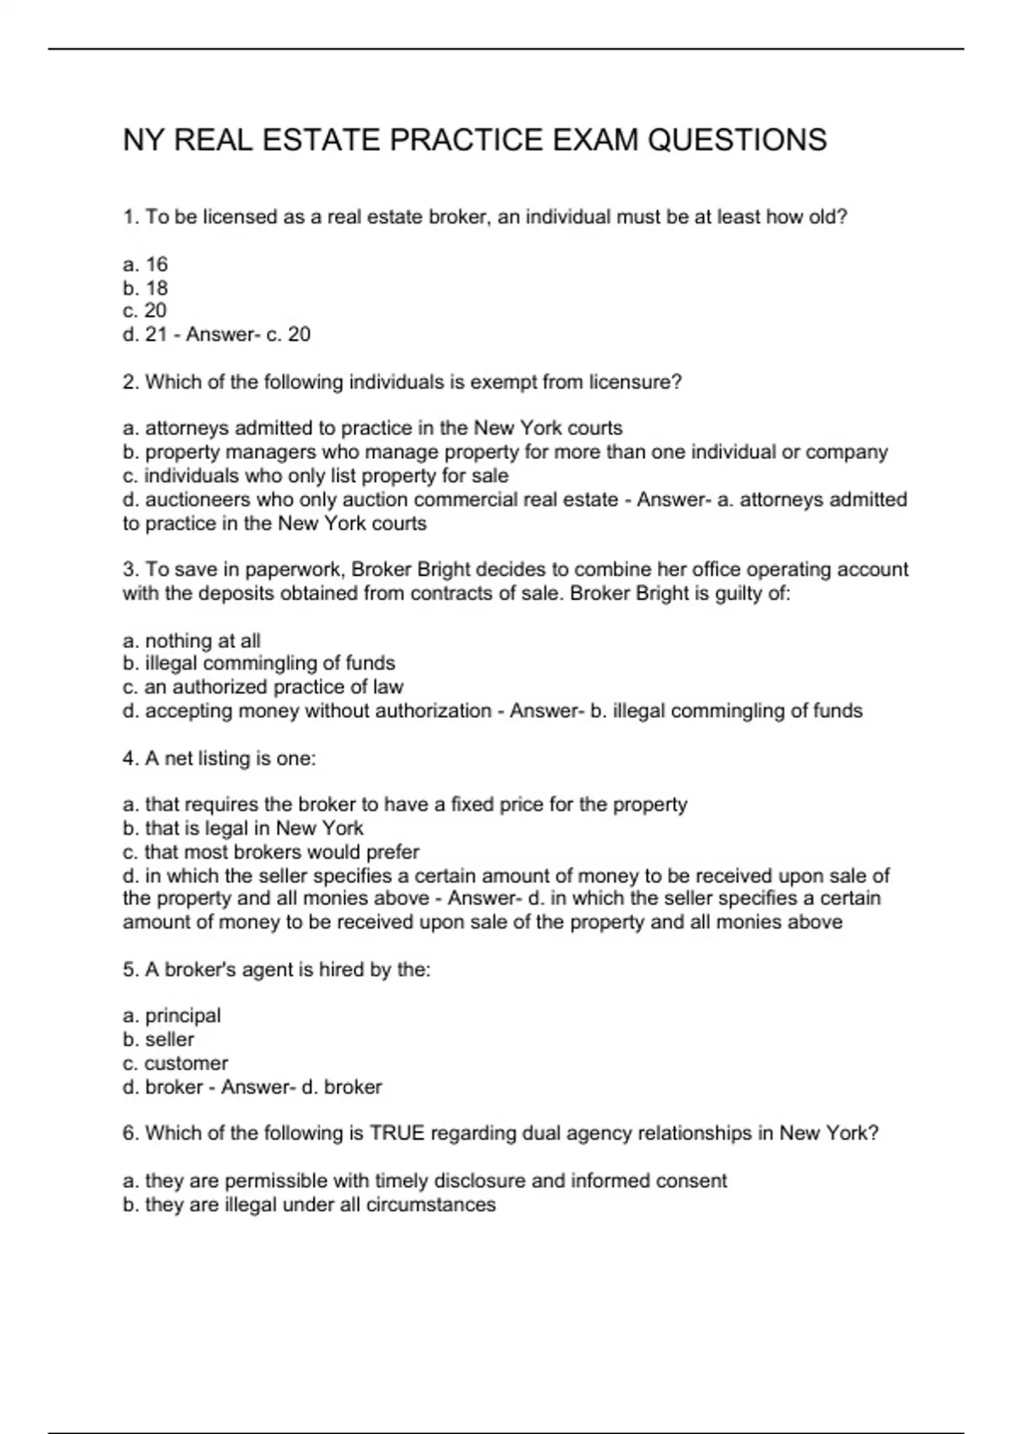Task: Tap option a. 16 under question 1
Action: (145, 264)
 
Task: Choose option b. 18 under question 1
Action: (145, 288)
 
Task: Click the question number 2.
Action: (130, 382)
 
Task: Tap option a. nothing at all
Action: (192, 640)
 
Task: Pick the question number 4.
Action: (130, 758)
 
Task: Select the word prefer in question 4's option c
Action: (393, 852)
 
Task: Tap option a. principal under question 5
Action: (171, 1016)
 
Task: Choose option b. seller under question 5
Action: (159, 1039)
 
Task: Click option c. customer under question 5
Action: (175, 1063)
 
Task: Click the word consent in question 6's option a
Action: (693, 1180)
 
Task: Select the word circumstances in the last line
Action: (431, 1204)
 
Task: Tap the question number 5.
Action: (130, 969)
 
